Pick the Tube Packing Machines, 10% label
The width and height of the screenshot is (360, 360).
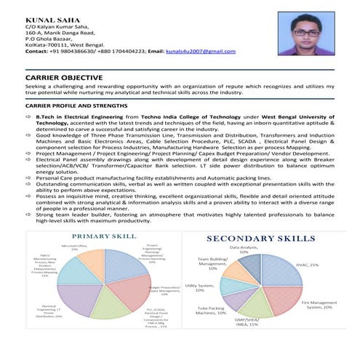click(212, 311)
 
